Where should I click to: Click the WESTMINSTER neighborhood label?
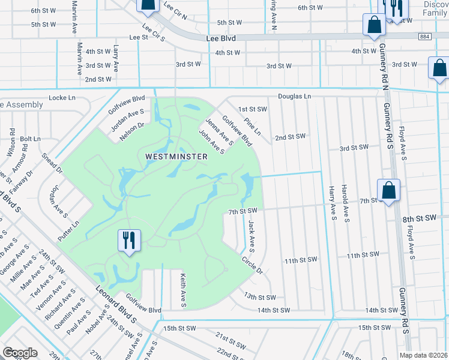(176, 157)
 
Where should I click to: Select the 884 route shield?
(425, 37)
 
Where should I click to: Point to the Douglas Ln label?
(294, 97)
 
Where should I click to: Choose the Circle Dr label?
(253, 265)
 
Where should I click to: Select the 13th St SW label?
(259, 298)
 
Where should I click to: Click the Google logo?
(20, 352)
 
